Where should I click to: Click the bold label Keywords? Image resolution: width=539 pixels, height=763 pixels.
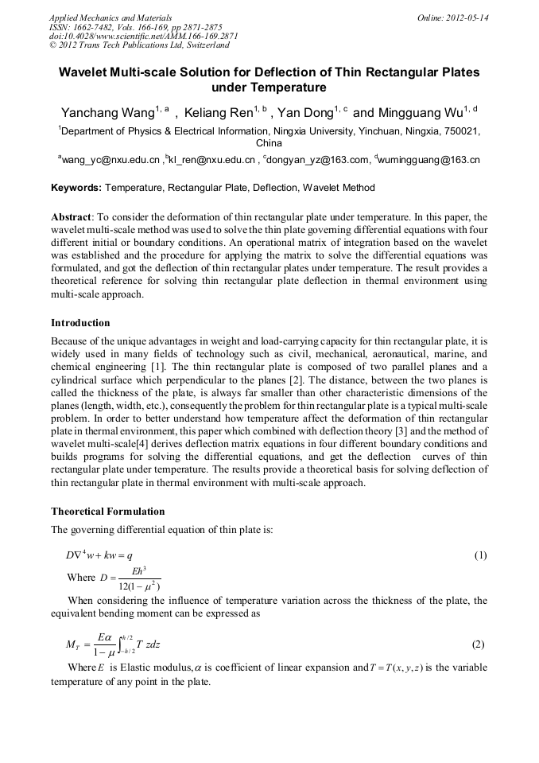coord(76,189)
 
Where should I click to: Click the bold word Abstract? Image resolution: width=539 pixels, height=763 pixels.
coord(72,217)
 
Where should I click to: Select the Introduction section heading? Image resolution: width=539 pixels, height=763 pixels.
coord(80,323)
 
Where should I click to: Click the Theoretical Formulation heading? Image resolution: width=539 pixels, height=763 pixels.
coord(108,510)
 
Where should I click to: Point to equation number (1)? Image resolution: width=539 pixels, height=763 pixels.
coord(480,555)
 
